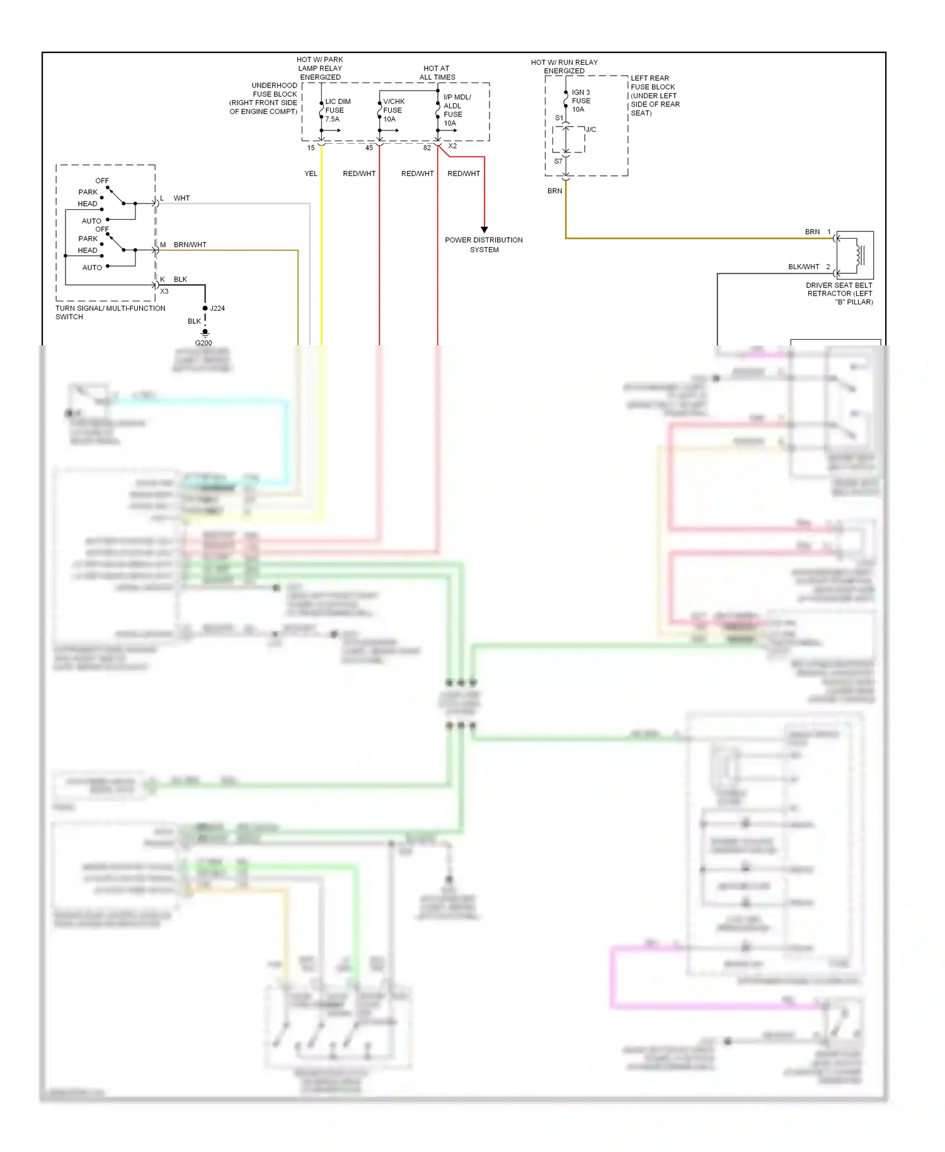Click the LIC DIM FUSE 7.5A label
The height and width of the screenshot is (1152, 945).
click(337, 110)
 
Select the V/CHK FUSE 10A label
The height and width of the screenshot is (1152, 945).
click(393, 110)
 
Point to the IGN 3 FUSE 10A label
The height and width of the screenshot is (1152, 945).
click(580, 101)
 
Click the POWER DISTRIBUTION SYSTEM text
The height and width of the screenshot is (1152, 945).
click(484, 245)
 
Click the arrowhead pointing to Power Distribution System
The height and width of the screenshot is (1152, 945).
click(484, 230)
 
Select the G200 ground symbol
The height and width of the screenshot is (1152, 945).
click(205, 333)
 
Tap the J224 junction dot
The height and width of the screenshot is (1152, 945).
click(205, 308)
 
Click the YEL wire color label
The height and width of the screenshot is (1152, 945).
click(311, 173)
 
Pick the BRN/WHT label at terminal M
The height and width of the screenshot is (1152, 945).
click(190, 245)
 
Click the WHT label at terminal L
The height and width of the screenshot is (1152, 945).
click(181, 198)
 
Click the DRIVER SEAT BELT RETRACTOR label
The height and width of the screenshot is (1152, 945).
click(839, 293)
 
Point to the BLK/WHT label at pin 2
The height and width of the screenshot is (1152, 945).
click(803, 267)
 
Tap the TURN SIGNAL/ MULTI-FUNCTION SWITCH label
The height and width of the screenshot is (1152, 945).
click(110, 313)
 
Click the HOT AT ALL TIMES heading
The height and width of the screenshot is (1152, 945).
click(437, 72)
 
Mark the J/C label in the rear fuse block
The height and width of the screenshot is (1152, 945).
click(590, 130)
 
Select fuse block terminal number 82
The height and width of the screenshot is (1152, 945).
click(427, 148)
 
